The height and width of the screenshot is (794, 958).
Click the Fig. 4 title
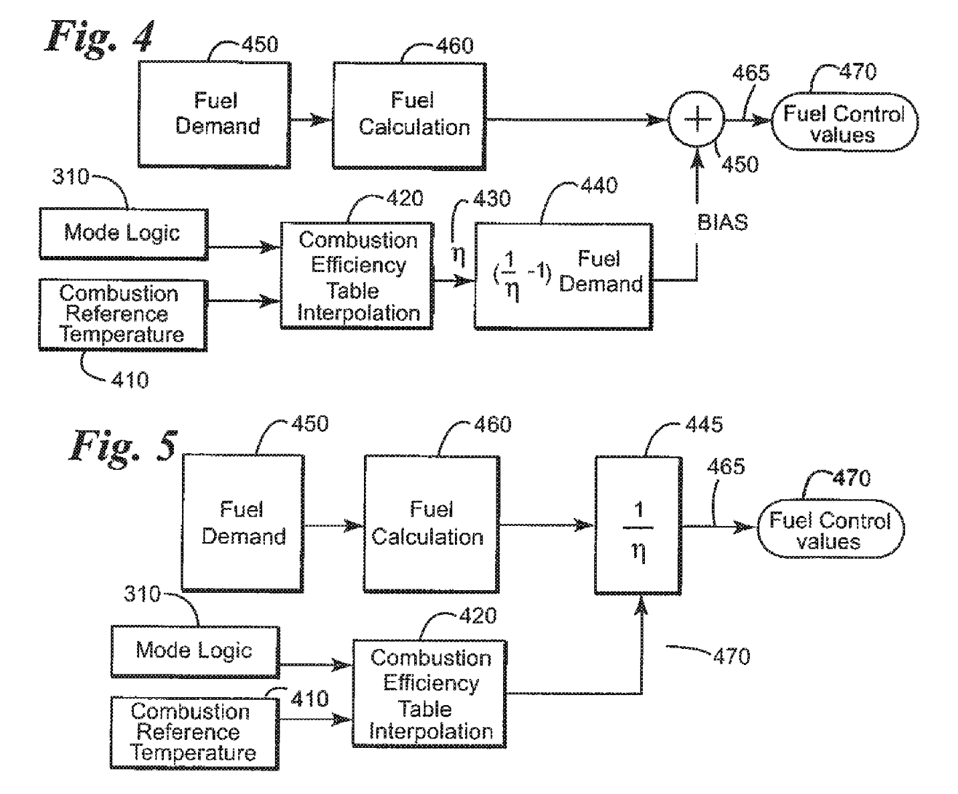[100, 37]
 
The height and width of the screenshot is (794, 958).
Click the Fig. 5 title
[124, 444]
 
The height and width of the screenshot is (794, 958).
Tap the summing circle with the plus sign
[697, 121]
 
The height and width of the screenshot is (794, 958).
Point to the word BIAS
[722, 222]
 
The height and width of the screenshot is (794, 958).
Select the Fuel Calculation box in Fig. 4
[409, 115]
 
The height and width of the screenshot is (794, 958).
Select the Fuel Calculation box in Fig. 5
[431, 524]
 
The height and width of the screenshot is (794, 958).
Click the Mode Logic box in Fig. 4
[123, 233]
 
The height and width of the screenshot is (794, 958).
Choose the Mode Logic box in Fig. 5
[195, 651]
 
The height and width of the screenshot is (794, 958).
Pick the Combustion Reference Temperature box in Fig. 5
[194, 733]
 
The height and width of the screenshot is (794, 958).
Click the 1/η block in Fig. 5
[638, 525]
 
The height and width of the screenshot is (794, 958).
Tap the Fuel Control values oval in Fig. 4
[844, 124]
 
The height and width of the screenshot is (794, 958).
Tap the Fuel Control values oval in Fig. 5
[830, 529]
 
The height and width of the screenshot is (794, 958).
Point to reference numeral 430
[492, 198]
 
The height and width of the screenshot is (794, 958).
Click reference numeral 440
[598, 185]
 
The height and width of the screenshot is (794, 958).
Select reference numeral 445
[704, 424]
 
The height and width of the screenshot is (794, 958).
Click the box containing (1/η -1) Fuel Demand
[563, 276]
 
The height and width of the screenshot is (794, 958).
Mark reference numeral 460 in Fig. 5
[492, 424]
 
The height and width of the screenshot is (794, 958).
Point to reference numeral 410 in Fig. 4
[129, 380]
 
